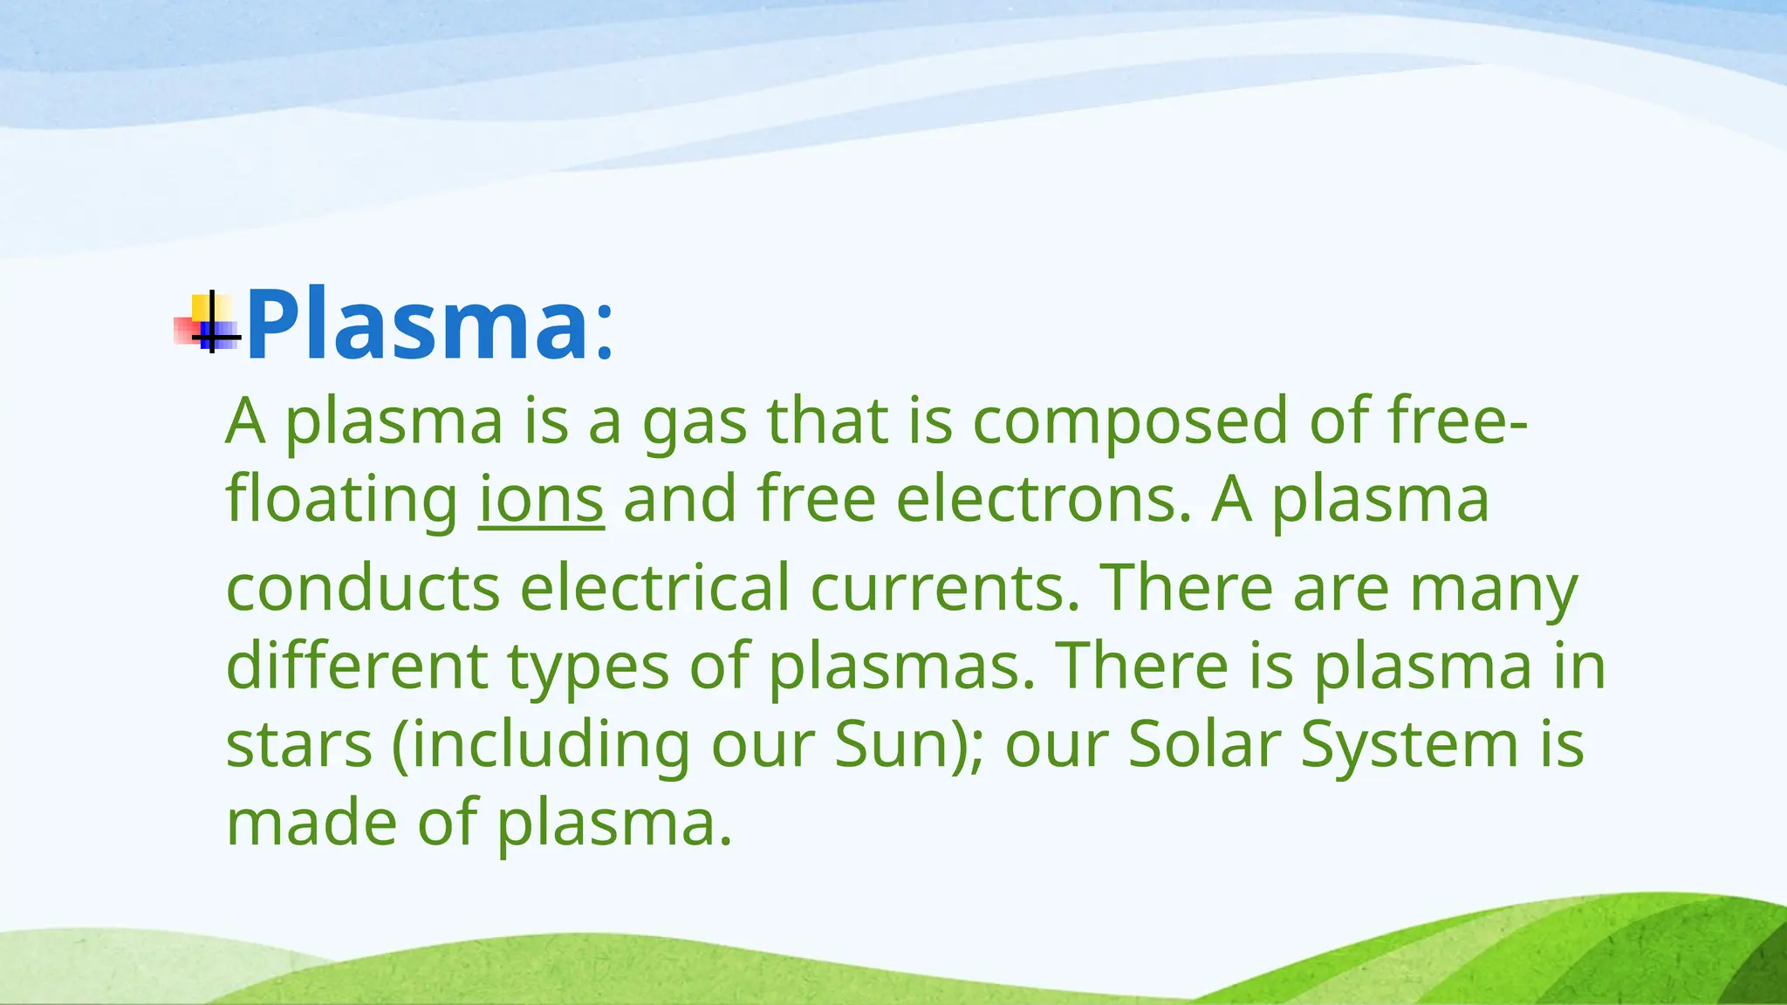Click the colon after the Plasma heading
(605, 335)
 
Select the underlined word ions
(541, 500)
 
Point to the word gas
(695, 421)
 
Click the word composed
(1130, 421)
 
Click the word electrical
(655, 587)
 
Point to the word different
(357, 666)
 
